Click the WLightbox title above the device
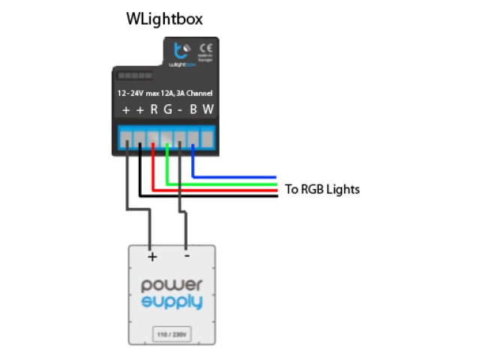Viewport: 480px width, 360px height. coord(163,19)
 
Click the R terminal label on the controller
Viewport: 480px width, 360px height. coord(154,110)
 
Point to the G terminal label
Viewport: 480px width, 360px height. coord(167,110)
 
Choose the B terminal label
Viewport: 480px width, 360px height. coord(193,110)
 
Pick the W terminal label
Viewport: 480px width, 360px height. coord(208,110)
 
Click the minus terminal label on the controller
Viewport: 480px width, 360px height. coord(180,110)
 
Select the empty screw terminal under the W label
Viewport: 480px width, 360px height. coord(206,139)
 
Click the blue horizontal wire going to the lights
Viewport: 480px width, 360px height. coord(240,177)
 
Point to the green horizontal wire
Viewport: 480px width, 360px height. coord(225,184)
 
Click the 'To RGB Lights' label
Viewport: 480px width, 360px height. coord(322,189)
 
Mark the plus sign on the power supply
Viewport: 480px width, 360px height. coord(152,256)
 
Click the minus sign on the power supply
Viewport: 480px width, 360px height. coord(186,255)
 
